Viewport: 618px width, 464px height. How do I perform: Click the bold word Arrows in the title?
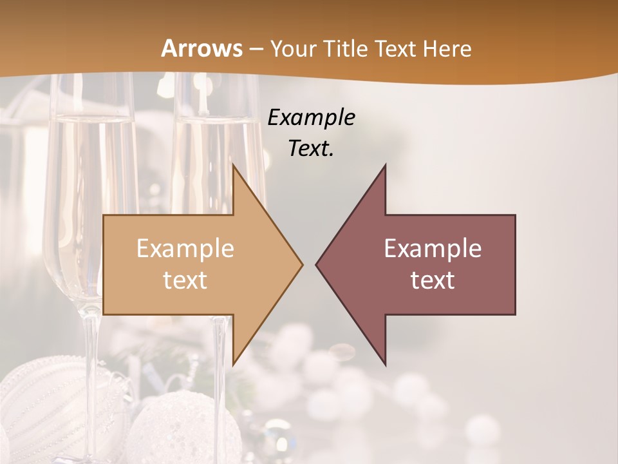click(201, 48)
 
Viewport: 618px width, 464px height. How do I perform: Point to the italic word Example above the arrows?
click(311, 118)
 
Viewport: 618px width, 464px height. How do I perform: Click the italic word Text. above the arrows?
click(311, 148)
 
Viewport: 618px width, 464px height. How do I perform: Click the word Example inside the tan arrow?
click(185, 248)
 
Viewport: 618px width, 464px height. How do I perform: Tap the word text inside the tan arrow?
click(185, 280)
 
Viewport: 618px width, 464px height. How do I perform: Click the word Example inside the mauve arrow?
click(433, 248)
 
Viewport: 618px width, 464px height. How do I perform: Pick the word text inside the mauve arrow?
click(433, 280)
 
